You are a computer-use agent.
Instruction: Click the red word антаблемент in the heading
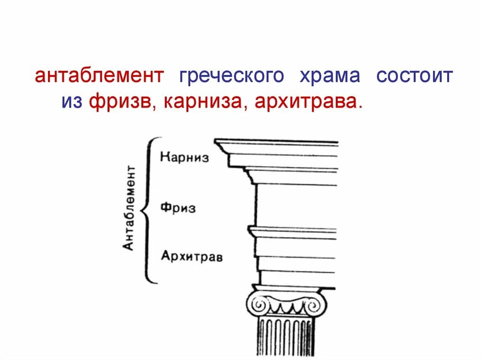pos(99,76)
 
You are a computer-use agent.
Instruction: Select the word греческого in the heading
pos(231,76)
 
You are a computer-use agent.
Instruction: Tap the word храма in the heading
pos(330,76)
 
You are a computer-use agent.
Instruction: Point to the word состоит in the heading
pos(414,76)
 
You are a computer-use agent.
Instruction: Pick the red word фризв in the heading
pos(120,101)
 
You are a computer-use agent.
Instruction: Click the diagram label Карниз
pos(184,157)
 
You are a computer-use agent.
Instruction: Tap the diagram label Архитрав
pos(192,256)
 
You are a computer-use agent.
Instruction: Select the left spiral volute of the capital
pos(258,306)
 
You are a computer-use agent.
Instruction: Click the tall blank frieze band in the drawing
pos(296,206)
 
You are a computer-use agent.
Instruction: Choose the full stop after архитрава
pos(360,107)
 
